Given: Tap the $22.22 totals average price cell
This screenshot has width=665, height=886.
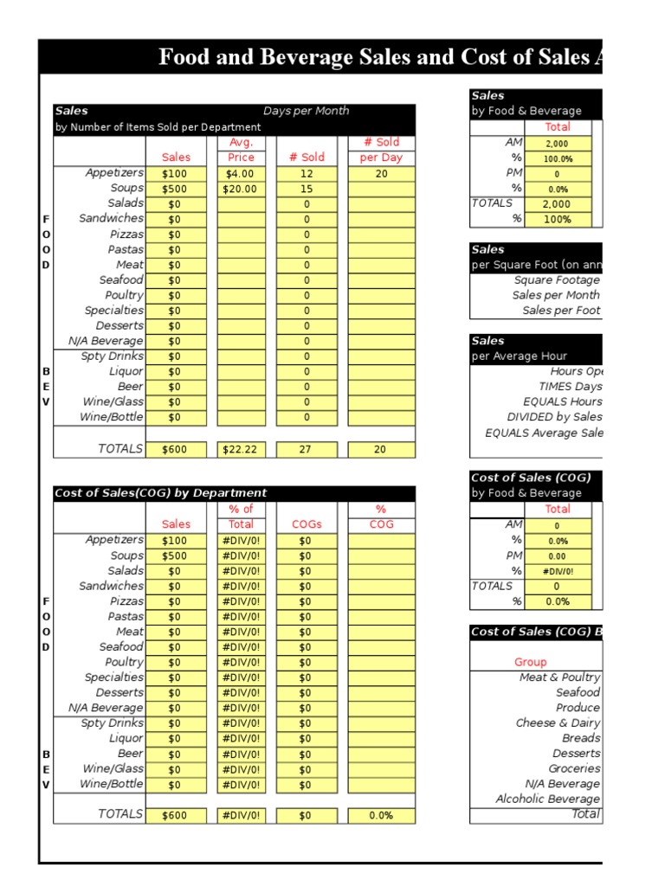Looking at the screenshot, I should (241, 449).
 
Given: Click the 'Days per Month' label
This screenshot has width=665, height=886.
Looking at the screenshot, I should (306, 111).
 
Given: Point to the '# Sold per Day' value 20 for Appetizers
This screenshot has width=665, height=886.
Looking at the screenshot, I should (381, 173).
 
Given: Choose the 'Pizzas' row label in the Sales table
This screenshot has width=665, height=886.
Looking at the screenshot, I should (126, 234).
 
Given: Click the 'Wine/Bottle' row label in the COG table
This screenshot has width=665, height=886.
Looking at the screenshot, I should (113, 784).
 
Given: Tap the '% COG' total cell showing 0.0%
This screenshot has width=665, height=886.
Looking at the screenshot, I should (381, 815).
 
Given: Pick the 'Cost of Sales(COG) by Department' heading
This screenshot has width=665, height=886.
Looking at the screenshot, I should (160, 493).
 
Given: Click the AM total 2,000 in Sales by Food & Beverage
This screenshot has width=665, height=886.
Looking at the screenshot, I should (557, 144).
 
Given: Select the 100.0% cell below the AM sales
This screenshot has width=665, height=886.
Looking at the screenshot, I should (557, 159).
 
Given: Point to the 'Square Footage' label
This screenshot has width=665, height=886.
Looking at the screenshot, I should (556, 280).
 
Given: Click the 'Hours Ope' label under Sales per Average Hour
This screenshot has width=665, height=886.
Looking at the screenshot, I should (577, 371).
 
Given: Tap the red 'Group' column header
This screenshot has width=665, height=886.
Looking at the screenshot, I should (531, 662).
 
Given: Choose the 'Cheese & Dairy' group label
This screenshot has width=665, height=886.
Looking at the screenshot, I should (558, 722).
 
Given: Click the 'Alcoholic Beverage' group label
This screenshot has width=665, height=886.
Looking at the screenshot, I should (547, 799).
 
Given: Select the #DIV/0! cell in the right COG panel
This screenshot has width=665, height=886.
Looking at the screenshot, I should (557, 571).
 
